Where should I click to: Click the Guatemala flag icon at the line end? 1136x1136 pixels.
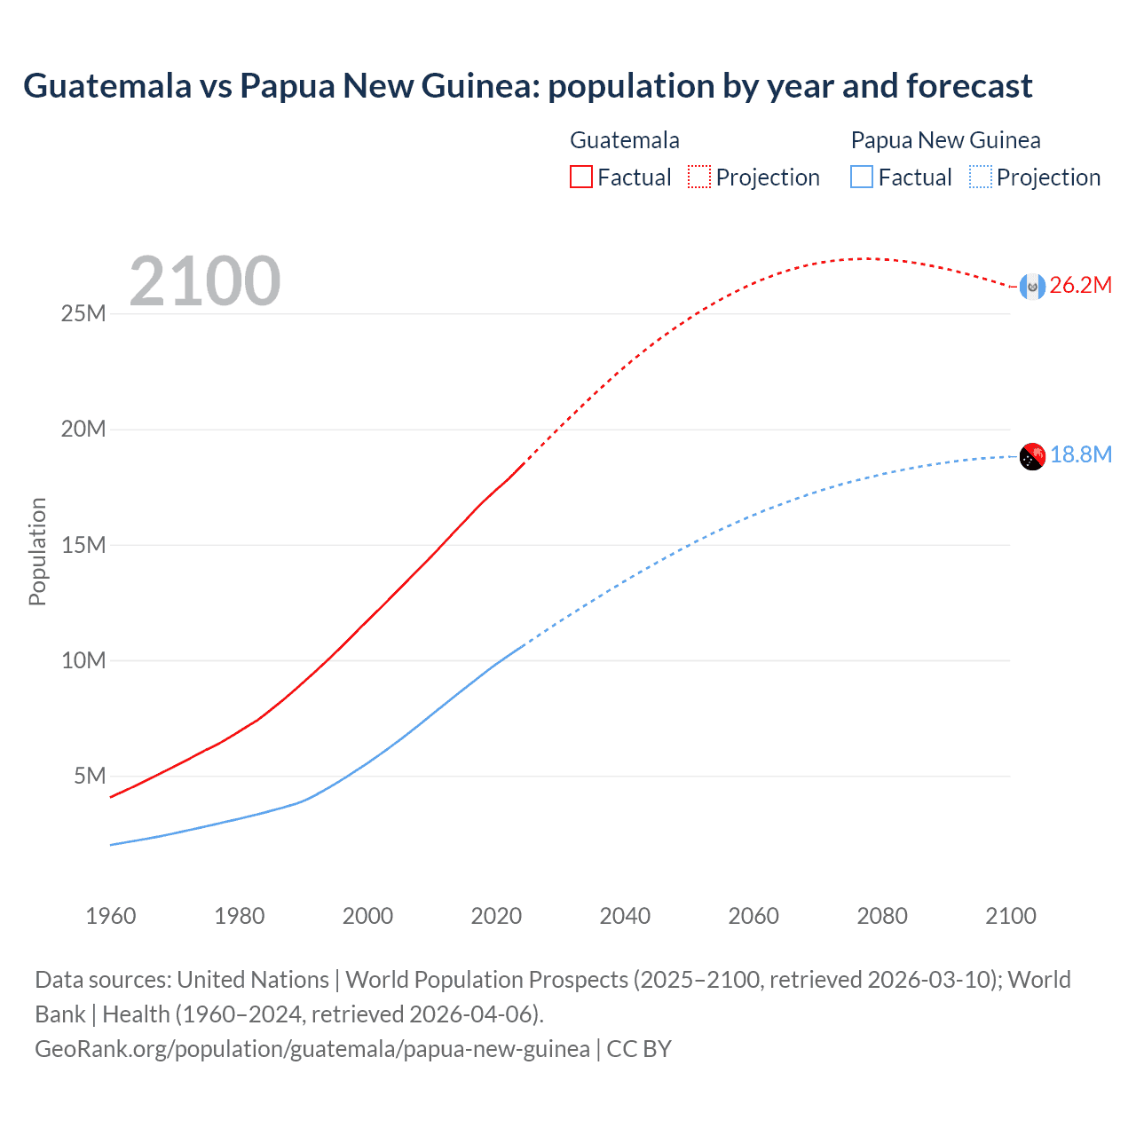point(1032,286)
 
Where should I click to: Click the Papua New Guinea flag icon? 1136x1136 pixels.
point(1032,456)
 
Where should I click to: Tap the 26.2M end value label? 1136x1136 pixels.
point(1080,285)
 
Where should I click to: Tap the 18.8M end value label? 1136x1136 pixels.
point(1080,454)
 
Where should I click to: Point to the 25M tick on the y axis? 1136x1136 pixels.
point(83,314)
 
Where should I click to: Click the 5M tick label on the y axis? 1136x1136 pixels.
point(90,777)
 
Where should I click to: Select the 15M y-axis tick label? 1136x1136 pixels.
point(83,545)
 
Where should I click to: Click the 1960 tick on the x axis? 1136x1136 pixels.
point(111,916)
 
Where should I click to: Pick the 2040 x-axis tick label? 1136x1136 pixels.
point(625,916)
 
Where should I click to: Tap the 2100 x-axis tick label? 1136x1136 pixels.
point(1010,916)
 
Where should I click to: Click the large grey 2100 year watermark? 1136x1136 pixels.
point(205,281)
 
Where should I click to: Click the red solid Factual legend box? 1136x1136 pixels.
point(581,177)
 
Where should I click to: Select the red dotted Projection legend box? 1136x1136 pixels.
point(699,177)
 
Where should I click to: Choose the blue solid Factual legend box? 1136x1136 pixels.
point(862,177)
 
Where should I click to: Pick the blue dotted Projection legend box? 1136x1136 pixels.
point(981,177)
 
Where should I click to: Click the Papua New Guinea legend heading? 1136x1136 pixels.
point(945,140)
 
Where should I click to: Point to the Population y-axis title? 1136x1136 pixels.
point(37,551)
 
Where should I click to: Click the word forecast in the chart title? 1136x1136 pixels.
point(970,86)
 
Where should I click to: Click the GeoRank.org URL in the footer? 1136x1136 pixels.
point(312,1049)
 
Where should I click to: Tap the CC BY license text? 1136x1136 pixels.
point(639,1049)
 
